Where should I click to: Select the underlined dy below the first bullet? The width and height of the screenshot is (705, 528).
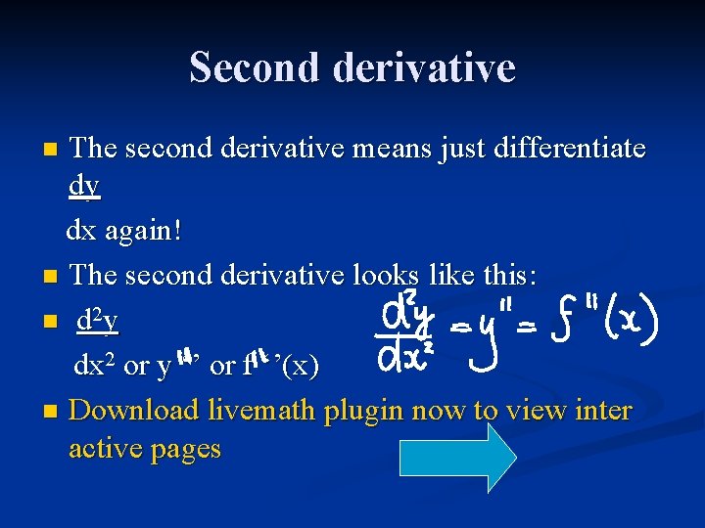[x=84, y=188]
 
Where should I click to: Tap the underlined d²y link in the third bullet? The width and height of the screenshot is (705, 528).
[x=98, y=319]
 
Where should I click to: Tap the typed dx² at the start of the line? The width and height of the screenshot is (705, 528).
[x=96, y=367]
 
